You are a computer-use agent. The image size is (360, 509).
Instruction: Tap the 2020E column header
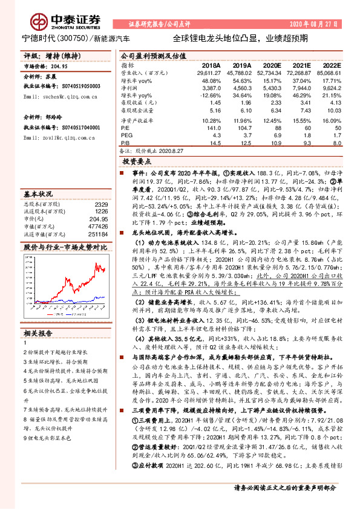(270, 65)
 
